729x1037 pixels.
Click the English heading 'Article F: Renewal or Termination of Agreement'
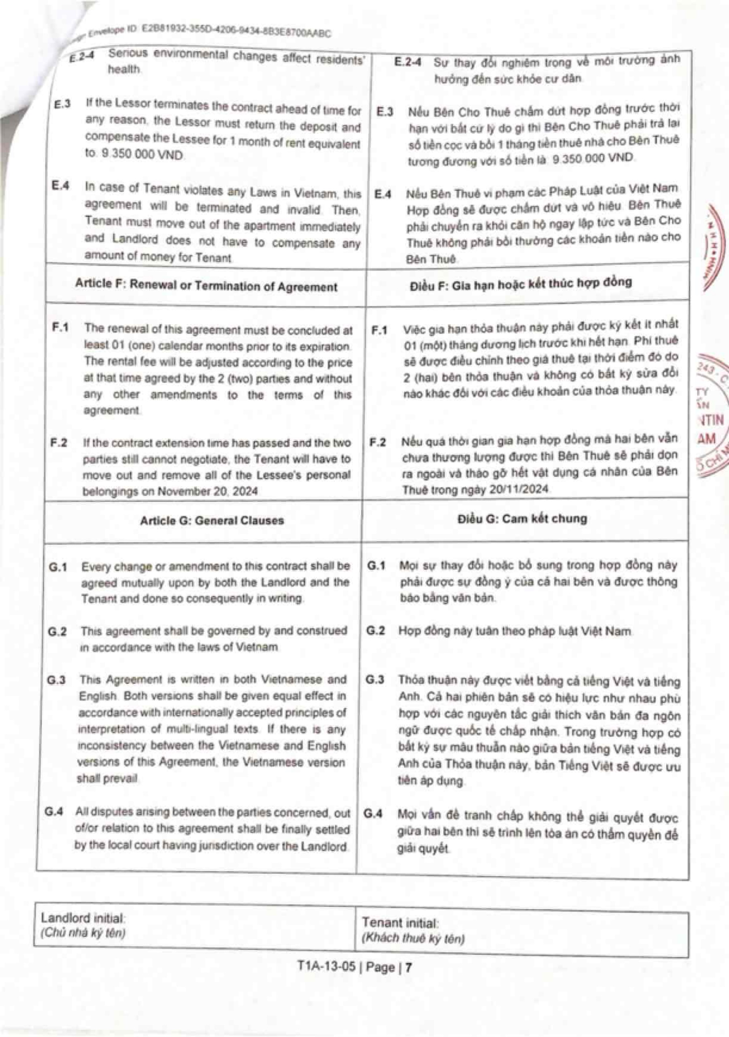tap(206, 286)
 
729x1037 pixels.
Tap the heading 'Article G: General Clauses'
tap(212, 520)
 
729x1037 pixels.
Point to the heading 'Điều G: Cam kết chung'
tap(522, 518)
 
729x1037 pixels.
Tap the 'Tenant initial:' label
tap(400, 922)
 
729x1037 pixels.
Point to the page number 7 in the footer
tap(409, 967)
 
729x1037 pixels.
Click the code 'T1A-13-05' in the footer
tap(326, 967)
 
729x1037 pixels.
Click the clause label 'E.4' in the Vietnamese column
tap(383, 194)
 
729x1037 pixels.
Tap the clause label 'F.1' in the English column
tap(60, 327)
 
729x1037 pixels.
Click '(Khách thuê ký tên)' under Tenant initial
tap(412, 939)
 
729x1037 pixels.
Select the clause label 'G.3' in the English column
tap(56, 680)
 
